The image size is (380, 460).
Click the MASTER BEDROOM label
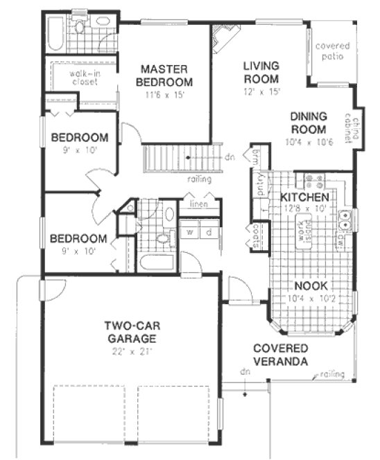click(165, 75)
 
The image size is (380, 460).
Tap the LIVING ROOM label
click(261, 72)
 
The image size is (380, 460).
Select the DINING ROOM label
click(308, 123)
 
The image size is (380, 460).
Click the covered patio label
click(333, 52)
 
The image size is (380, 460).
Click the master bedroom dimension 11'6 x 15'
click(165, 95)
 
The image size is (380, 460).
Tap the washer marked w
click(188, 232)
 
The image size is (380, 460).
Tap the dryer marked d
click(209, 232)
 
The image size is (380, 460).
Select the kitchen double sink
click(344, 220)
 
